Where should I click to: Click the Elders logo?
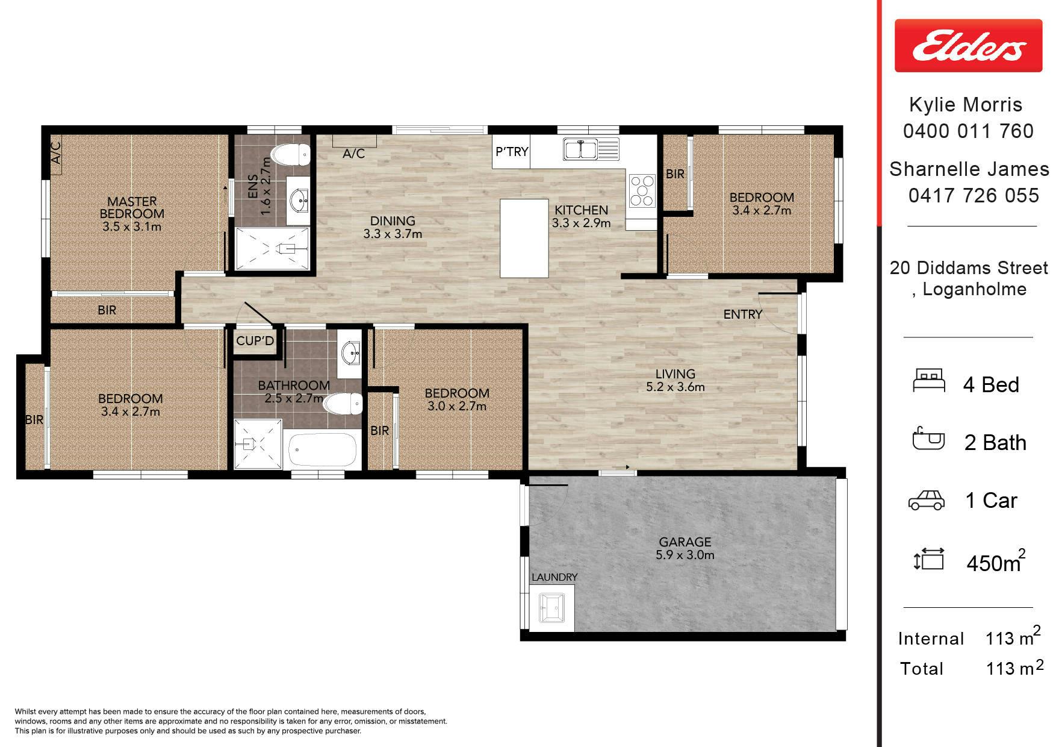click(x=968, y=45)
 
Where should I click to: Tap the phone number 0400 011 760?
click(x=968, y=131)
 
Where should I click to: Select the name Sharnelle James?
click(x=969, y=169)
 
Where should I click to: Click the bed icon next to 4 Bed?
click(x=929, y=381)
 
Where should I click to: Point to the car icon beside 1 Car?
click(x=926, y=500)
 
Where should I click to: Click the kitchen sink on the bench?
click(x=591, y=149)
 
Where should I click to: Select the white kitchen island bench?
click(x=524, y=238)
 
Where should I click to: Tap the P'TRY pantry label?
click(x=511, y=152)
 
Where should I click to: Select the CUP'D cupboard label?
click(x=255, y=341)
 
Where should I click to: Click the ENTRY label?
click(x=743, y=314)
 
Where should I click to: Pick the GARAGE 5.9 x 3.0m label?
click(x=685, y=548)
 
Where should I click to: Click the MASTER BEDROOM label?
click(x=132, y=207)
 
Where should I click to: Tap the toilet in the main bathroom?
click(x=343, y=403)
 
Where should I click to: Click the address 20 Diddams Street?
click(x=969, y=267)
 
